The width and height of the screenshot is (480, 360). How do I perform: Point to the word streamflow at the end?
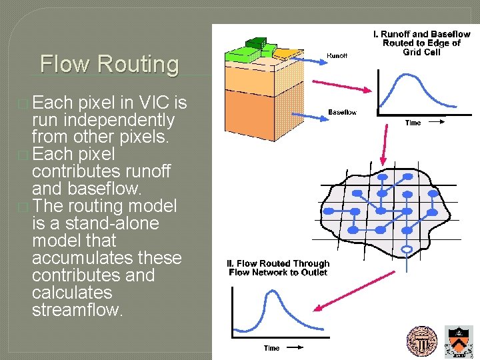click(77, 310)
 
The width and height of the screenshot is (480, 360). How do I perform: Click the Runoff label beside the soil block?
click(337, 56)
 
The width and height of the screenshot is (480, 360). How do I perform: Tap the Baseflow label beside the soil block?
click(342, 112)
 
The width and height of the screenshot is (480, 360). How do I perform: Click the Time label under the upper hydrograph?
click(413, 123)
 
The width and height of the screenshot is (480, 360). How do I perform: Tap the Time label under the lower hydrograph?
click(271, 348)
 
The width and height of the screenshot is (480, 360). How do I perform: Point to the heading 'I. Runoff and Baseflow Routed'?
click(421, 43)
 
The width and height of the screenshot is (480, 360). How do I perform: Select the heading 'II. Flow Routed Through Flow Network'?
click(279, 268)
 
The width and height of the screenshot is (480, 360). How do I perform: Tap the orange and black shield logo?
click(460, 342)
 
